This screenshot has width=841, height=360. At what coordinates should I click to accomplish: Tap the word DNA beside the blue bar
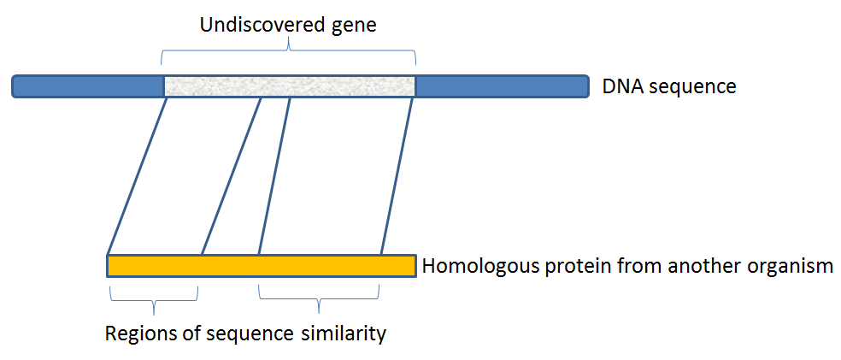tap(620, 86)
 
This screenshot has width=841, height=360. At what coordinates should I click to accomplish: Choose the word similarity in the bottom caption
tap(344, 333)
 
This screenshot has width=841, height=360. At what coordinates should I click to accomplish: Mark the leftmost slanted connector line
tap(137, 175)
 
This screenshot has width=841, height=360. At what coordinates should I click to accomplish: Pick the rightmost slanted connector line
tap(397, 175)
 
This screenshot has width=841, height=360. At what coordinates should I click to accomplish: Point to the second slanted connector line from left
tap(231, 175)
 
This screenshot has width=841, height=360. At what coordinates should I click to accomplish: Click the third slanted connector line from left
tap(274, 175)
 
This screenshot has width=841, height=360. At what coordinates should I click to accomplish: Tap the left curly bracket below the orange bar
tap(153, 299)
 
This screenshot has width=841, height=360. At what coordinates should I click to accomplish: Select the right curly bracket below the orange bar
tap(319, 299)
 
